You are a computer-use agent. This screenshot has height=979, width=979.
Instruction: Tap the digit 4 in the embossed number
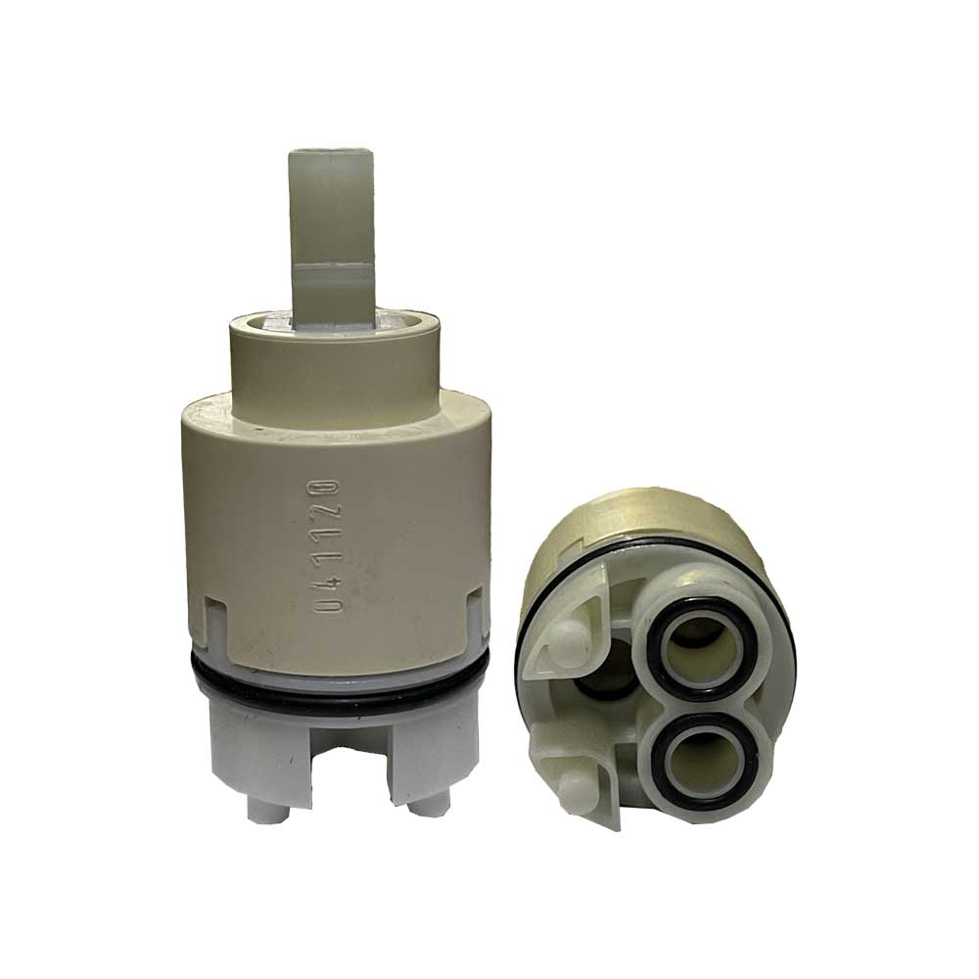326,582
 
